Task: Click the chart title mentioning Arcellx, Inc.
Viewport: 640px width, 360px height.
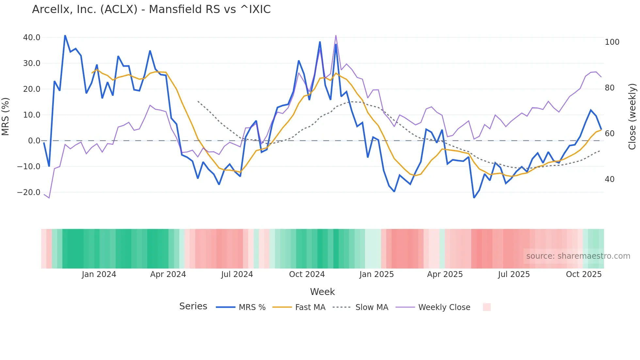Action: point(151,9)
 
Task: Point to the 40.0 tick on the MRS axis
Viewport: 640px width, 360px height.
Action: point(32,38)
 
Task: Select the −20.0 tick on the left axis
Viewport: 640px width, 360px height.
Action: point(29,192)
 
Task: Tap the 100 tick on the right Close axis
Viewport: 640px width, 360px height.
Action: point(612,42)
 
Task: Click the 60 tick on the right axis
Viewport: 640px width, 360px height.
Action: point(610,134)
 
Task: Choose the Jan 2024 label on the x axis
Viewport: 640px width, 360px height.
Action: point(99,274)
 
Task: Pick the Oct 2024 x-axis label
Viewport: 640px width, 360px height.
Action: point(307,274)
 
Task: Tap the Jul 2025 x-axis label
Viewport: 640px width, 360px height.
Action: point(514,274)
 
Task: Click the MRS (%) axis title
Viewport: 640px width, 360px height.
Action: point(6,117)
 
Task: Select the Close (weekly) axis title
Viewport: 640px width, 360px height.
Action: point(632,117)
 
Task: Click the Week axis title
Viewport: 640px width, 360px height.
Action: point(322,292)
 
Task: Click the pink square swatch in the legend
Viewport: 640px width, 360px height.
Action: point(487,307)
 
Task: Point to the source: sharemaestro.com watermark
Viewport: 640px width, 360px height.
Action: point(578,256)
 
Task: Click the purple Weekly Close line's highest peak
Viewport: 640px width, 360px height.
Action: point(336,36)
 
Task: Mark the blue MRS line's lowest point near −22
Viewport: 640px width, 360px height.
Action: point(474,198)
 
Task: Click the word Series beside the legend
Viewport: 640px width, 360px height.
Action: point(193,306)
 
